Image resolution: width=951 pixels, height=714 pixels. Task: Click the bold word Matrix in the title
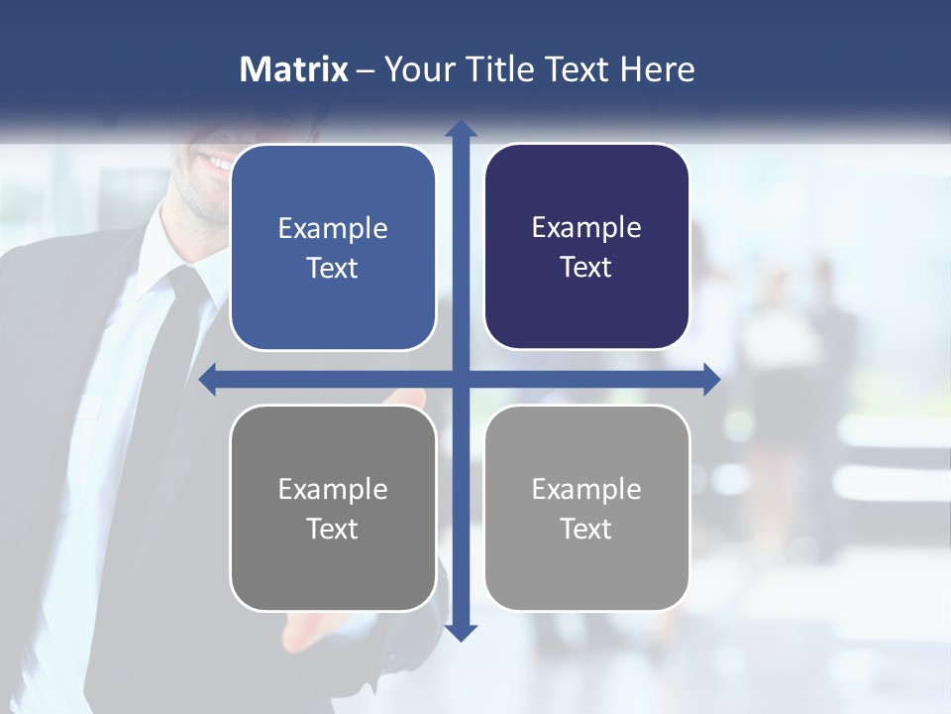[294, 69]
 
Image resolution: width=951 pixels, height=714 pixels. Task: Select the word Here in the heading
[657, 69]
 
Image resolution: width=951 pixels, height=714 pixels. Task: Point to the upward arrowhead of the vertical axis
[461, 129]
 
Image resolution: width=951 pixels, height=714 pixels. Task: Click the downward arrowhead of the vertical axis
[461, 632]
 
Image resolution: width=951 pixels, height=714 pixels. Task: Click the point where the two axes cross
[461, 379]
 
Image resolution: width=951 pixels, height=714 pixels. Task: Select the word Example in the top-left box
[333, 229]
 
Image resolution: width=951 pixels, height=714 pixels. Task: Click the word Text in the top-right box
[586, 268]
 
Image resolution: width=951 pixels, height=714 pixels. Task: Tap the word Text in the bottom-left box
[333, 529]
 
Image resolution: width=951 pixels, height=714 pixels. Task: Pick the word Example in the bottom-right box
[586, 489]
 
